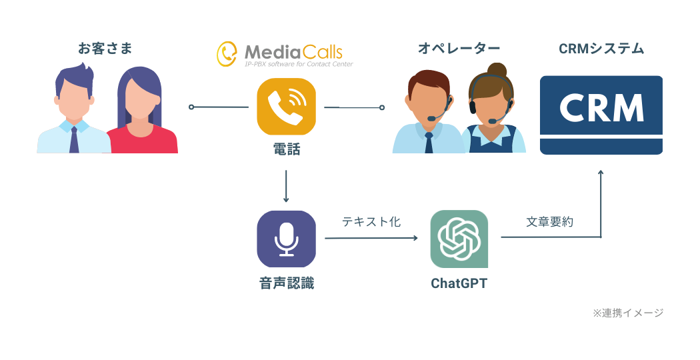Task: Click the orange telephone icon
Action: click(286, 107)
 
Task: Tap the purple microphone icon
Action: click(286, 239)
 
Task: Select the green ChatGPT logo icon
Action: click(459, 239)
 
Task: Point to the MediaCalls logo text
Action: click(293, 52)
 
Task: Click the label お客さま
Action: click(105, 49)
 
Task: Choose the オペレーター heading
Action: click(459, 49)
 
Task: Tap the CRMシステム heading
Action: click(601, 49)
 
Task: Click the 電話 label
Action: click(286, 151)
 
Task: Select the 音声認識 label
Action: click(286, 283)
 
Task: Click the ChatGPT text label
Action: click(459, 283)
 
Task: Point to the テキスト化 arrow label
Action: click(371, 222)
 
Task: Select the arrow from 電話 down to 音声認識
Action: click(286, 186)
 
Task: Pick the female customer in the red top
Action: click(141, 113)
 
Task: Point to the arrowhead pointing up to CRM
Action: click(601, 174)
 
